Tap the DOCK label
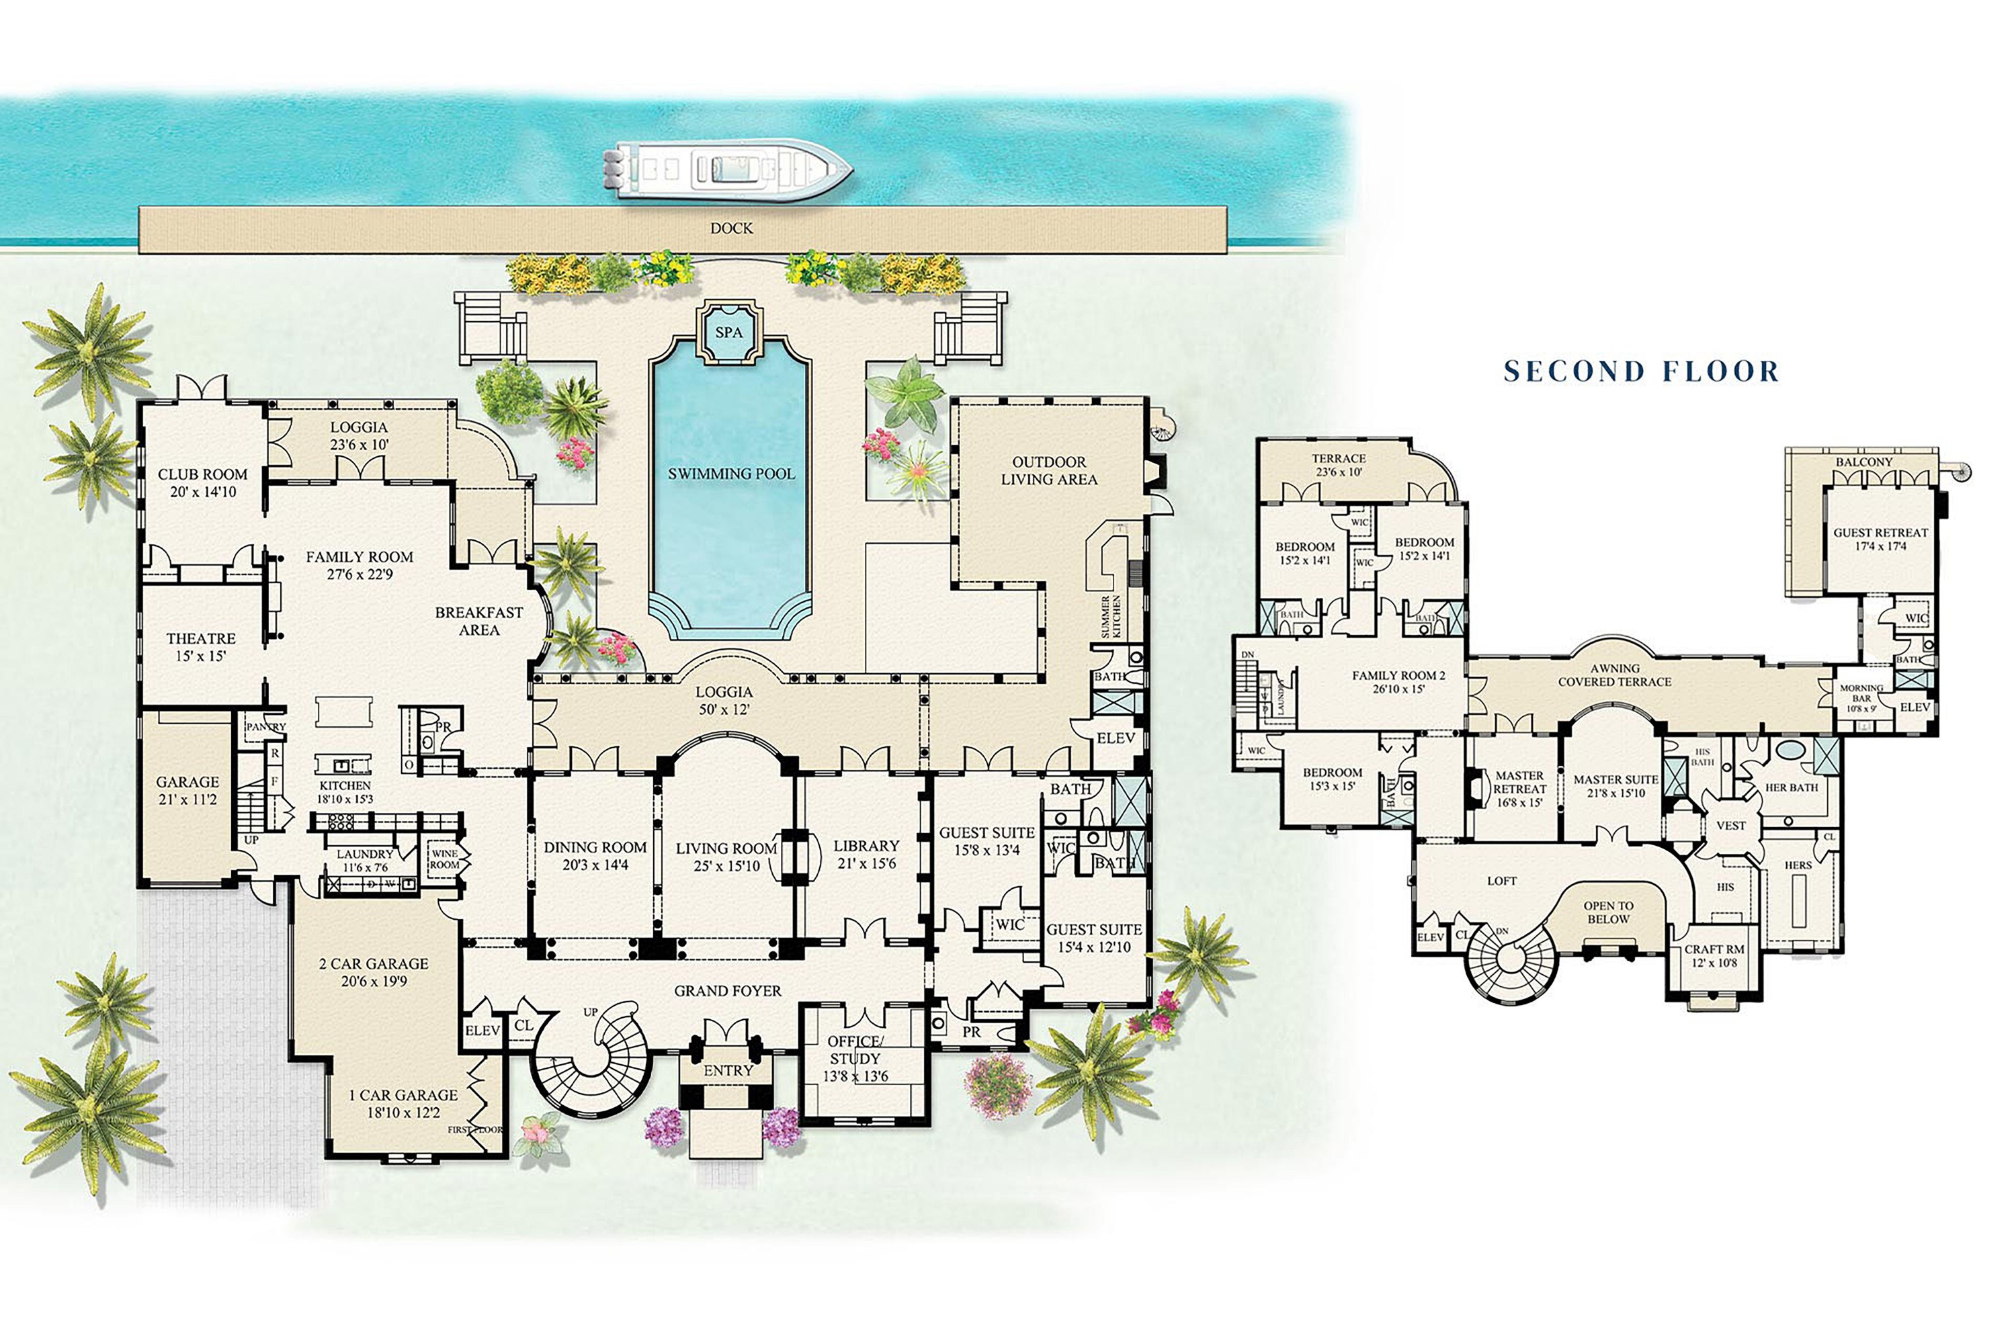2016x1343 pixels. pos(731,228)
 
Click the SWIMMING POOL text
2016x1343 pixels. pos(731,474)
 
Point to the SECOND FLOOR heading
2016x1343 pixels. pos(1642,371)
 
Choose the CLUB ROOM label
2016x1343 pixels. pos(202,474)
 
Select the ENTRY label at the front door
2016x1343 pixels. pos(727,1071)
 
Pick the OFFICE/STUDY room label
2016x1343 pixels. pos(854,1050)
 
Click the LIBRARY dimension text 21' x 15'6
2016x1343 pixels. pos(866,863)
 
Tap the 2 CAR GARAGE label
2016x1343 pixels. pos(374,963)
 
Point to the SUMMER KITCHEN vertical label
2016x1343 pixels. pos(1110,616)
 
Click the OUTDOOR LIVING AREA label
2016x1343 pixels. pos(1049,470)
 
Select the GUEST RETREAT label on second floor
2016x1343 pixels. pos(1880,533)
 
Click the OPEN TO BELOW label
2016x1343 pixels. pos(1608,912)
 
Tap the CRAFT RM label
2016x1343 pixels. pos(1714,949)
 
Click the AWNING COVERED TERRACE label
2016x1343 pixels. pos(1614,675)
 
